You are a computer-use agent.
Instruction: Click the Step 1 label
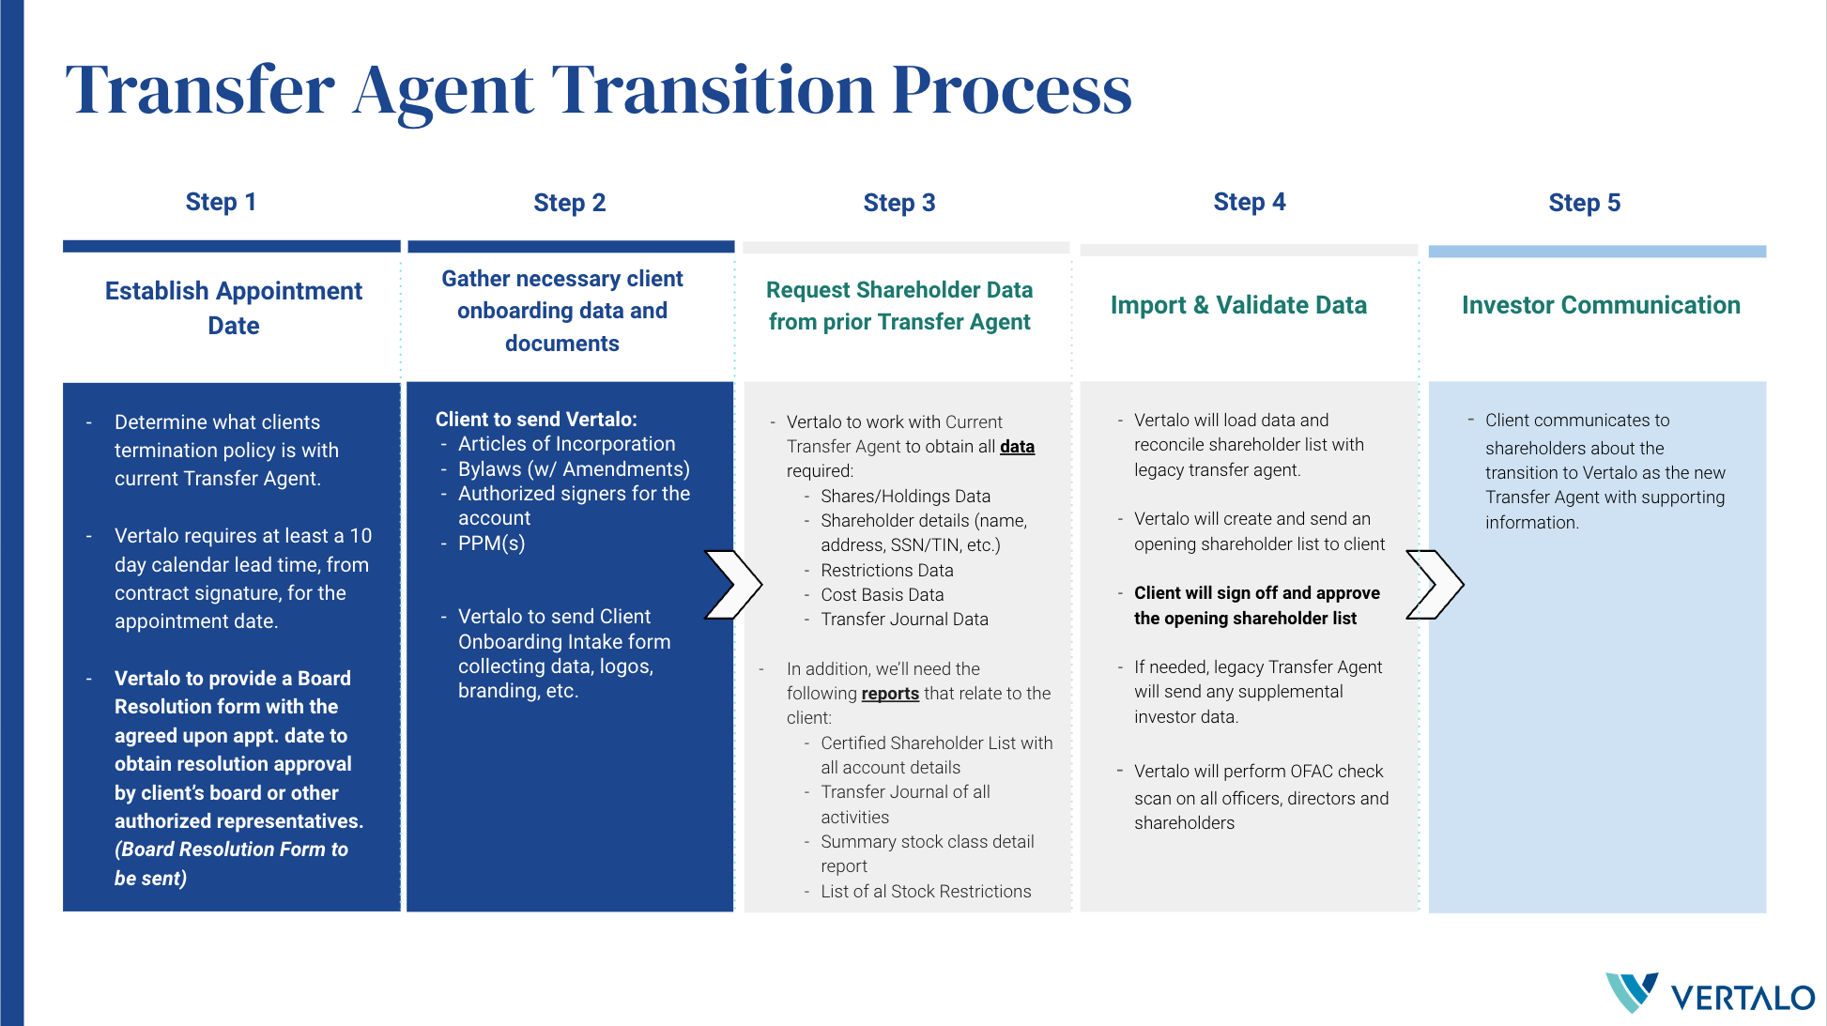(x=221, y=202)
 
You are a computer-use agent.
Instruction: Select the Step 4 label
(x=1249, y=202)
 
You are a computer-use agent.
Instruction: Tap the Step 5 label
(x=1584, y=203)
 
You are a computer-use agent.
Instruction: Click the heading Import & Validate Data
(x=1237, y=305)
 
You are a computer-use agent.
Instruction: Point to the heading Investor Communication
(x=1600, y=305)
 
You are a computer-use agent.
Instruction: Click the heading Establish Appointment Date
(x=233, y=308)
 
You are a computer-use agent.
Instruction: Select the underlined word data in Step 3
(x=1017, y=447)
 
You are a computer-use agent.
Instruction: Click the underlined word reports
(x=889, y=694)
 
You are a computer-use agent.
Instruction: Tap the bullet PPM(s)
(x=491, y=544)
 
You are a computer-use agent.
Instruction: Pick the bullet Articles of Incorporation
(x=566, y=444)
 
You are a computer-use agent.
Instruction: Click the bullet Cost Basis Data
(x=882, y=595)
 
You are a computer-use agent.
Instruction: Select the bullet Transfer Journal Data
(x=903, y=620)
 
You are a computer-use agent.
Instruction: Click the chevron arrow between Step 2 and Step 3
(x=733, y=585)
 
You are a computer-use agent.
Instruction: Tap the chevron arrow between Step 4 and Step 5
(x=1435, y=585)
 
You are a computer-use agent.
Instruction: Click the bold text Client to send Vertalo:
(x=535, y=420)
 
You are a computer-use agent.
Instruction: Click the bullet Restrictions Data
(x=886, y=571)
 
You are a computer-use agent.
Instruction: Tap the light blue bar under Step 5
(x=1596, y=252)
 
